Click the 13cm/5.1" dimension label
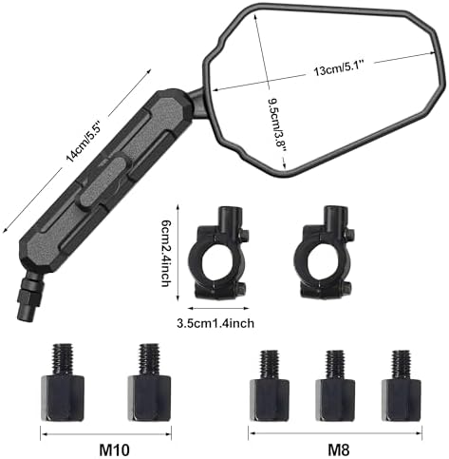339,67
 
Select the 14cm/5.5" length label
84,141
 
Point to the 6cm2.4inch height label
166,254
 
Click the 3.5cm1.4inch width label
215,323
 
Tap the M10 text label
114,449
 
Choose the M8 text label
338,449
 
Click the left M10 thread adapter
63,382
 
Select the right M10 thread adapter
149,382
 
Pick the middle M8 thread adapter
335,386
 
